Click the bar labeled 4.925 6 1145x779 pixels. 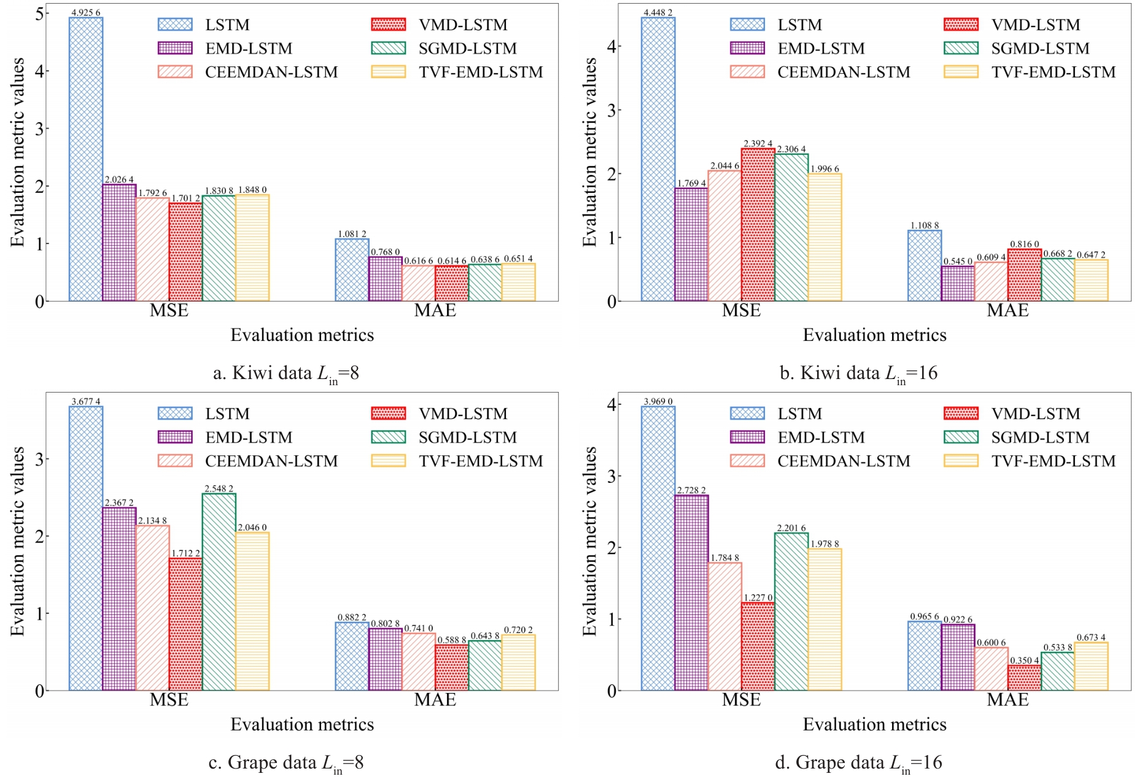click(86, 160)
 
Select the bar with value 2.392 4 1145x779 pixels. click(758, 225)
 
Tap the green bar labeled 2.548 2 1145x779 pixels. click(219, 592)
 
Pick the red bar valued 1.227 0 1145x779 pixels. click(758, 646)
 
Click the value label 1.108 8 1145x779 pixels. click(924, 225)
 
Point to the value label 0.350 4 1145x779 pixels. click(1024, 660)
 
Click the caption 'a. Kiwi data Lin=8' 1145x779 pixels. click(285, 374)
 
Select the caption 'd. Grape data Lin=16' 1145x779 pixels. click(858, 763)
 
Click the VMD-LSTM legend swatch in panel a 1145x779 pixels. click(389, 25)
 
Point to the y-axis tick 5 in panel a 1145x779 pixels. click(39, 14)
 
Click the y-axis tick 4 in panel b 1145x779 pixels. click(611, 47)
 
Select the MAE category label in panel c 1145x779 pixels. click(435, 700)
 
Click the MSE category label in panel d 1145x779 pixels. click(741, 700)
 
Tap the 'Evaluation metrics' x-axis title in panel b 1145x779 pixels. click(874, 335)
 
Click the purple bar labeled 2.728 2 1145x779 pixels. click(691, 593)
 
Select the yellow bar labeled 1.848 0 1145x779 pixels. click(252, 248)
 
